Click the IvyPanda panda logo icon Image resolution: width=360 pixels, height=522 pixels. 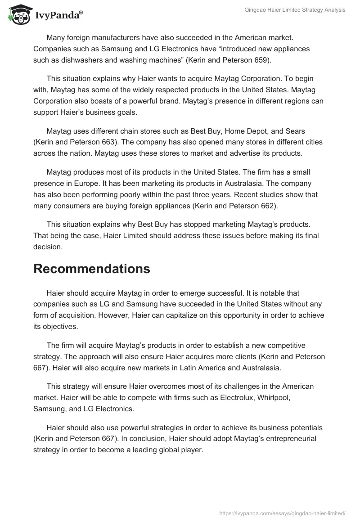point(18,14)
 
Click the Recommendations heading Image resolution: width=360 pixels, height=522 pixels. point(91,268)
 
